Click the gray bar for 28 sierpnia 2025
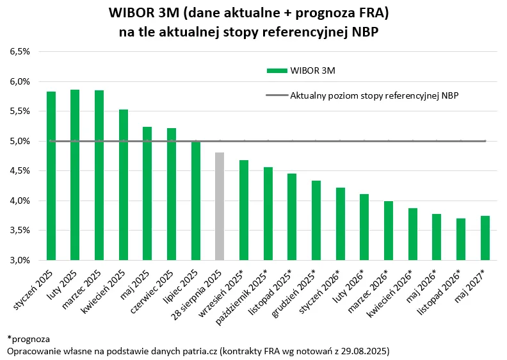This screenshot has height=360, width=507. click(220, 206)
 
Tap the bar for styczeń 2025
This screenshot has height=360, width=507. click(51, 176)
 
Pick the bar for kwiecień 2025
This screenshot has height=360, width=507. click(124, 185)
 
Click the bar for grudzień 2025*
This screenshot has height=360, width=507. click(316, 220)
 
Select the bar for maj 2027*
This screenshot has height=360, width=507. click(485, 238)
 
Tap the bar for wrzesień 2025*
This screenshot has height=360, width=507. click(244, 210)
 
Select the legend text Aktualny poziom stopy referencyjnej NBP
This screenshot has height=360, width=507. click(374, 95)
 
